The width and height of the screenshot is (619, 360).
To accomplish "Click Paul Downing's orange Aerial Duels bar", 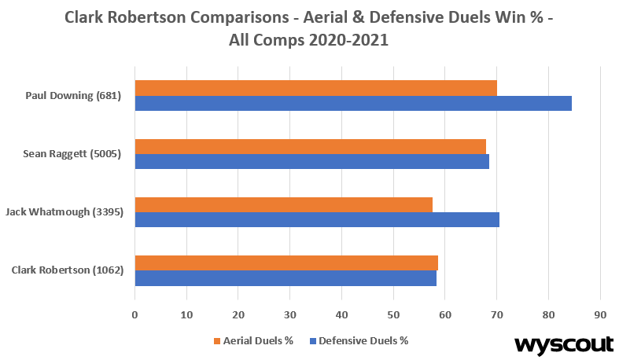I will coord(315,87).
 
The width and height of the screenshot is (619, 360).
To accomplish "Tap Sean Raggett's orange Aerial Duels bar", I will coord(310,146).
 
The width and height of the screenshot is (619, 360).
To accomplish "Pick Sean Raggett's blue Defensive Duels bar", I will coord(311,161).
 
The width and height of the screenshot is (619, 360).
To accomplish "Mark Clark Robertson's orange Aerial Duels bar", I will coord(286,263).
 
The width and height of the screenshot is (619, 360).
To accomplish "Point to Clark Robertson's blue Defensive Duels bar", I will coord(286,278).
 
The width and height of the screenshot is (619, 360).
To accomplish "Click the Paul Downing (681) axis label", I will coord(72,96).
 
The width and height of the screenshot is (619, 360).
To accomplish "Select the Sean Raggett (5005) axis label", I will coord(72,154).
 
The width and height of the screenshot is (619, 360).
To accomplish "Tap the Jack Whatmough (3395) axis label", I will coord(64,212).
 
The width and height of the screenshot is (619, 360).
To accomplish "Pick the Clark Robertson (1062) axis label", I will coord(66,270).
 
